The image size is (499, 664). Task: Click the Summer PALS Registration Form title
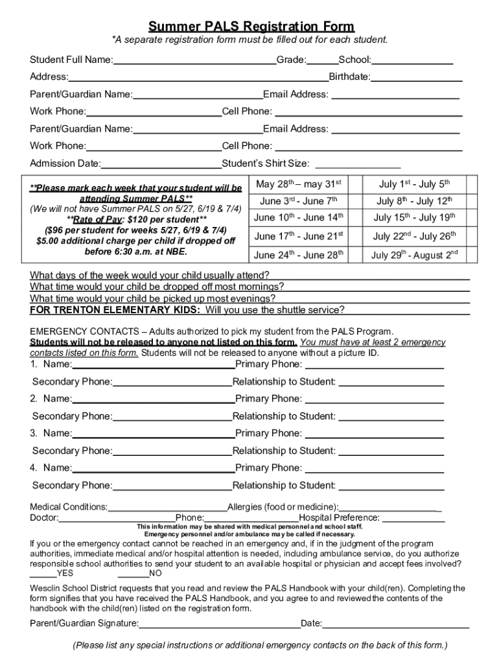(251, 27)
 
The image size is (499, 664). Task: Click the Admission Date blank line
(161, 164)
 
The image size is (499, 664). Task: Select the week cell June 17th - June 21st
(299, 236)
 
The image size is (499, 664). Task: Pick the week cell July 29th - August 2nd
(415, 254)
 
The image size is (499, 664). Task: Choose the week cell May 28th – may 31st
(299, 184)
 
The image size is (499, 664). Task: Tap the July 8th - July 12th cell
(415, 201)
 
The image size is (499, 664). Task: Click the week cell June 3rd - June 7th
(299, 201)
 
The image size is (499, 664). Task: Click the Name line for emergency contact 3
(154, 434)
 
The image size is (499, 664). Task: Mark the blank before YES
(43, 573)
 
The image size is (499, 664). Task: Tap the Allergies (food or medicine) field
(390, 507)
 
